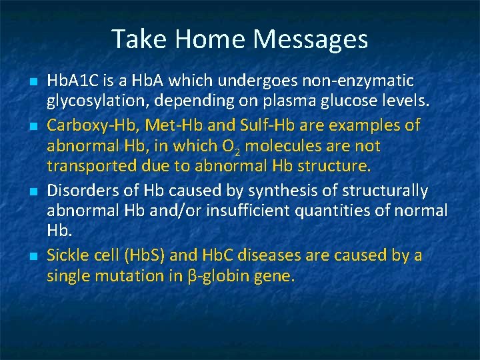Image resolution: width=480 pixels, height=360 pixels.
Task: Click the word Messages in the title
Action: click(x=311, y=39)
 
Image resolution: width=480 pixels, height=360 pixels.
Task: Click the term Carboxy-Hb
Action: click(x=92, y=126)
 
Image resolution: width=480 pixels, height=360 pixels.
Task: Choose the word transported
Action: click(x=92, y=167)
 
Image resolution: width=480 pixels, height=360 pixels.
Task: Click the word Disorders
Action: click(x=83, y=191)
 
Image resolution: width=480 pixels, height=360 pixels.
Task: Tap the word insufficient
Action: click(x=248, y=211)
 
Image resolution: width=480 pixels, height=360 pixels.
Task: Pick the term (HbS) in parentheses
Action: click(x=145, y=255)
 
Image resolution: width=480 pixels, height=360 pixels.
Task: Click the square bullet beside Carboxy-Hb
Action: click(x=34, y=126)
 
